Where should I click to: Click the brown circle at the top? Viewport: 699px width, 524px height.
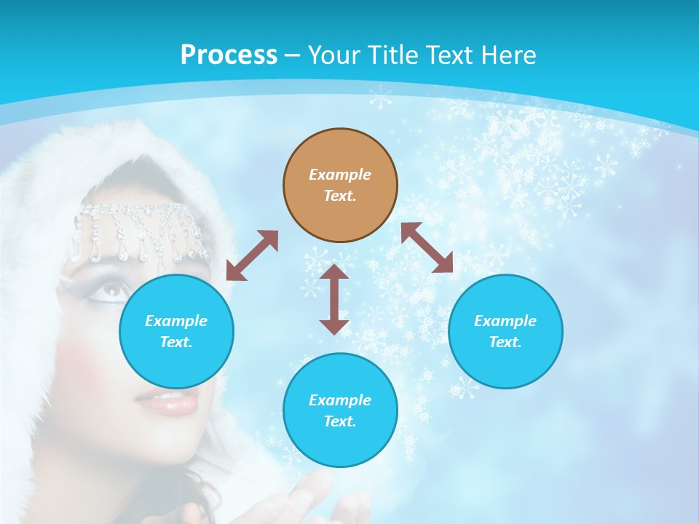tap(340, 186)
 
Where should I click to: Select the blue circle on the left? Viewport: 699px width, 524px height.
tap(176, 331)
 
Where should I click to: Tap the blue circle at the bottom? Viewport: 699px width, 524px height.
tap(340, 410)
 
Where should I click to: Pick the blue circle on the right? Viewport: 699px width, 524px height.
tap(505, 331)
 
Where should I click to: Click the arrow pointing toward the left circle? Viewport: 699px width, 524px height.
tap(252, 255)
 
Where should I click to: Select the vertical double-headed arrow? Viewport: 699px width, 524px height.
tap(334, 299)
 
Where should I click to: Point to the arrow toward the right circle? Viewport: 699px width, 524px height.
tap(427, 247)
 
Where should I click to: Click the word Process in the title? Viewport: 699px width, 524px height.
tap(229, 55)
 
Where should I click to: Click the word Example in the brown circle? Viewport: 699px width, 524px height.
tap(340, 175)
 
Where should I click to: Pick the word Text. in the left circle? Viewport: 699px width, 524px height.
tap(176, 342)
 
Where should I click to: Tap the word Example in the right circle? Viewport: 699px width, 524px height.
tap(505, 321)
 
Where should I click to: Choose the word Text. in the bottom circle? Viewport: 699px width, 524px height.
tap(340, 421)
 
